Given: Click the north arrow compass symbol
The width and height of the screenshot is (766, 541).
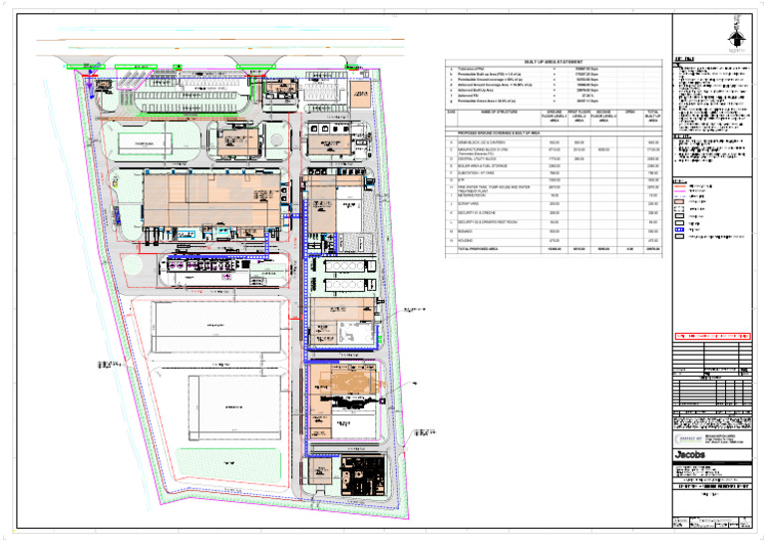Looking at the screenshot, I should pyautogui.click(x=737, y=37).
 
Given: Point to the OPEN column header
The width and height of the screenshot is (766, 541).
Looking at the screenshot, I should pyautogui.click(x=628, y=112).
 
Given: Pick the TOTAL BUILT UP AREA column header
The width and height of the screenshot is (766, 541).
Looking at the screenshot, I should pyautogui.click(x=653, y=117).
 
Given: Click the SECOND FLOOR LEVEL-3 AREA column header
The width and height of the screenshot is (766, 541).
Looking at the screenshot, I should pyautogui.click(x=603, y=117).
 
